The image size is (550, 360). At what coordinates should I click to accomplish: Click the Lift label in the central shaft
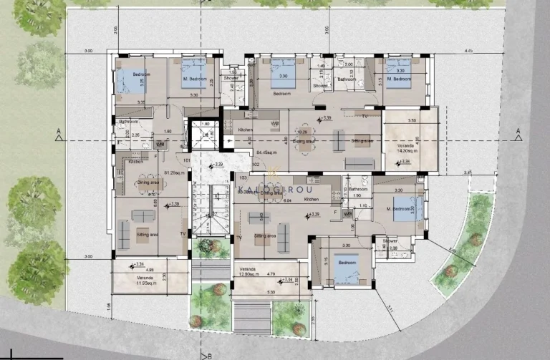click(x=206, y=135)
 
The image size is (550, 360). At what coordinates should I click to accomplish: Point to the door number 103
click(x=243, y=176)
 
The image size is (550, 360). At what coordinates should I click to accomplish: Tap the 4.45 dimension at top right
click(x=468, y=52)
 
